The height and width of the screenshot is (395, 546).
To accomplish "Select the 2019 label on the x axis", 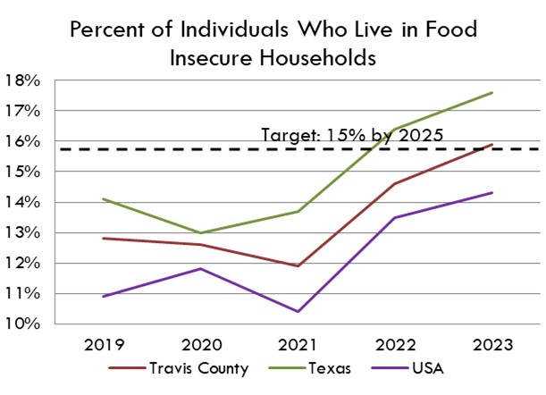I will [x=104, y=345].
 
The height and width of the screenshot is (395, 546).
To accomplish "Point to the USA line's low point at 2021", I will [x=298, y=311].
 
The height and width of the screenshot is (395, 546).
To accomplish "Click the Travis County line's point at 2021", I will [x=298, y=265].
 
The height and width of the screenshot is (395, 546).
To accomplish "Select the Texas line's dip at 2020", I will [x=201, y=232].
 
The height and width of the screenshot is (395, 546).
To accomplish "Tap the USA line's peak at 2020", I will [x=201, y=268].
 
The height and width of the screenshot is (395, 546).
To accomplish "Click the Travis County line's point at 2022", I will [x=395, y=183].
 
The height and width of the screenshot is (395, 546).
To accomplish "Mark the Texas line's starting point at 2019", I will [x=104, y=198].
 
